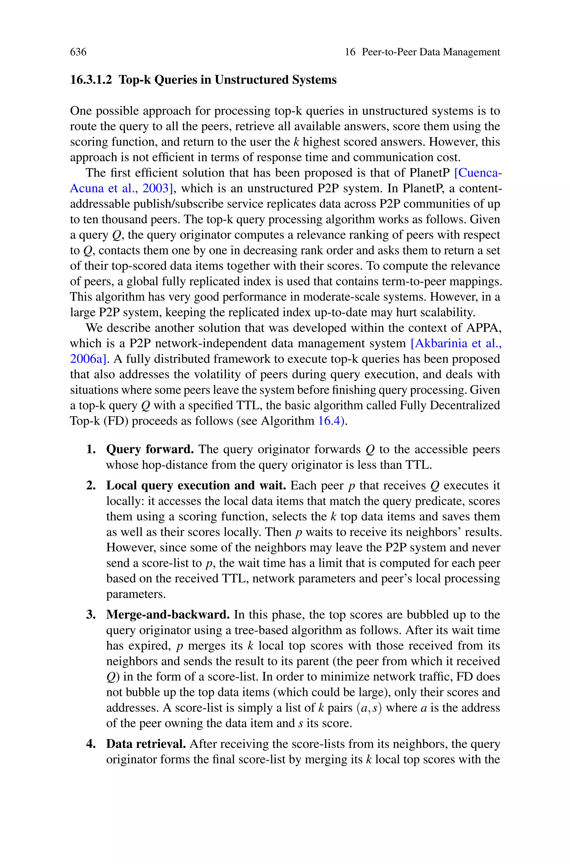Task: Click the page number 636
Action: [x=78, y=52]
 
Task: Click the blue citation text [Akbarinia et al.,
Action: [x=456, y=343]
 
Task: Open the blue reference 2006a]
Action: [x=90, y=359]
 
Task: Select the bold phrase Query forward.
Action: [x=150, y=449]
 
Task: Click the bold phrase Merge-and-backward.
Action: [x=168, y=614]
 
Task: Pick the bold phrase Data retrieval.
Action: [x=146, y=744]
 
